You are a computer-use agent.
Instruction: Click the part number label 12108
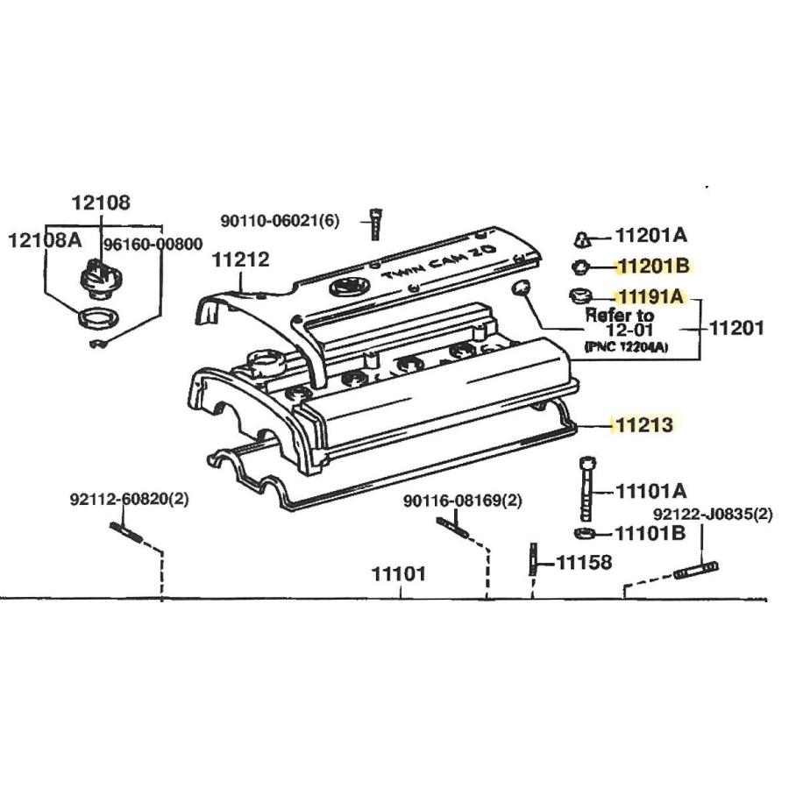tap(101, 203)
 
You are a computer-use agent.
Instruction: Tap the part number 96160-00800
tap(153, 244)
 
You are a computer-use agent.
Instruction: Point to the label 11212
tap(239, 259)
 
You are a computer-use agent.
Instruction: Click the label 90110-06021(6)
tap(279, 221)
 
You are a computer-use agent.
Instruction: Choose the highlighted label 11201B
tap(652, 266)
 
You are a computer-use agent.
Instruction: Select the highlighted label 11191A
tap(650, 296)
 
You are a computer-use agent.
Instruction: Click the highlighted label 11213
tap(643, 426)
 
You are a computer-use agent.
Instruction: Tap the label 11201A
tap(650, 235)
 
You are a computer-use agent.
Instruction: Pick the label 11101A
tap(651, 491)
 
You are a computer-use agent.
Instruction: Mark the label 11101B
tap(650, 533)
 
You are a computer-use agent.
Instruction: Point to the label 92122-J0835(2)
tap(712, 515)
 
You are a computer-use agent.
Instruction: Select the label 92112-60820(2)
tap(129, 500)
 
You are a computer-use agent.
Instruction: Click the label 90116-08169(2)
tap(462, 501)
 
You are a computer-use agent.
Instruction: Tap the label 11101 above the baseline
tap(399, 574)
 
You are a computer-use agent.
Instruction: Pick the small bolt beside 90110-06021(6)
tap(375, 224)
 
